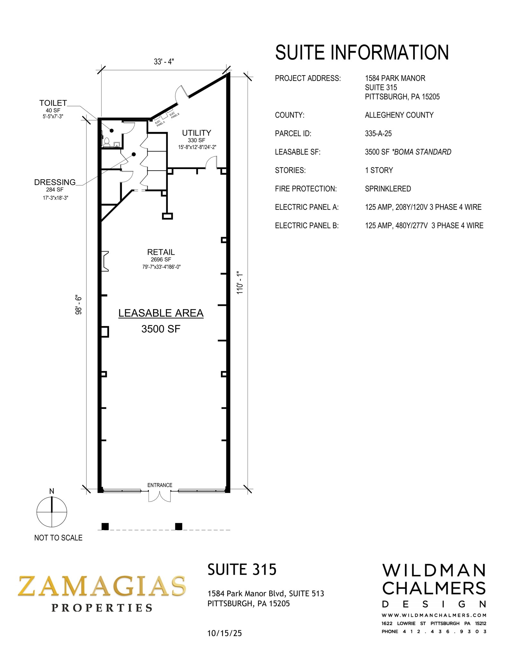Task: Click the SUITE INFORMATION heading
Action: (362, 52)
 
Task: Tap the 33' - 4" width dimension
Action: (164, 61)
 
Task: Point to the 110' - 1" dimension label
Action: (240, 283)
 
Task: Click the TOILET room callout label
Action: (53, 103)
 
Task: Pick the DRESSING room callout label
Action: (55, 182)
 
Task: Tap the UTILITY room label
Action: (196, 133)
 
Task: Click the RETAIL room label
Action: (161, 252)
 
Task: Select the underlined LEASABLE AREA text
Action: (161, 313)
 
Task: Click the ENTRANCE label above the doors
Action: (160, 485)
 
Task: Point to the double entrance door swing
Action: (159, 496)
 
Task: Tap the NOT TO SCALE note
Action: (58, 538)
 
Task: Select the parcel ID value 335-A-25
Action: (378, 134)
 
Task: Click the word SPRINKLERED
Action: (388, 189)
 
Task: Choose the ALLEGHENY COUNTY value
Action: (399, 115)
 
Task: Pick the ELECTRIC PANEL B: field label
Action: (306, 226)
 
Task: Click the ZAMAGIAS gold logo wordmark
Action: (102, 586)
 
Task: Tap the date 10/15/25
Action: (224, 633)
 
